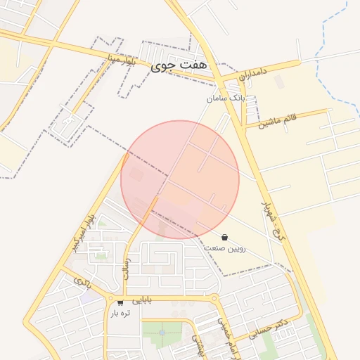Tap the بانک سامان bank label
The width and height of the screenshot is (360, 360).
click(227, 98)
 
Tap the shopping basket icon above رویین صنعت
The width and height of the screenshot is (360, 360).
click(224, 238)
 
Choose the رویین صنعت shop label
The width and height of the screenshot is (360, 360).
click(225, 248)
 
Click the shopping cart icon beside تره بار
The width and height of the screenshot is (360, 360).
click(121, 303)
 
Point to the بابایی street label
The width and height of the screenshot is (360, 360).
click(141, 300)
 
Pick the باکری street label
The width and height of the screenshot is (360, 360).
click(82, 284)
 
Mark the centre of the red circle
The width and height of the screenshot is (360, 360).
click(180, 179)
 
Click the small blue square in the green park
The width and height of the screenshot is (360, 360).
click(162, 332)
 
